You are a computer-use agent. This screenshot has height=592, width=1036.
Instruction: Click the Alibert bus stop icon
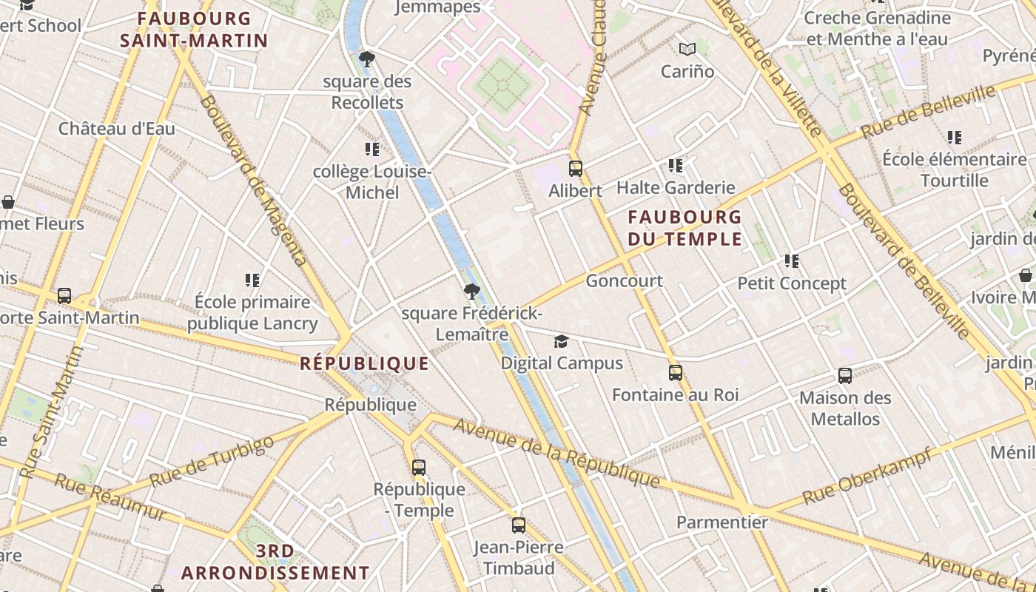[x=576, y=169]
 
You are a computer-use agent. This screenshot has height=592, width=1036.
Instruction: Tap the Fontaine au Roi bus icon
[x=675, y=373]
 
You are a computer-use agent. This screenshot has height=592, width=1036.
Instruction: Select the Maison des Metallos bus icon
[x=845, y=376]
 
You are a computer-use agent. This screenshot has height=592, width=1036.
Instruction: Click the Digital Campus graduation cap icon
[x=562, y=341]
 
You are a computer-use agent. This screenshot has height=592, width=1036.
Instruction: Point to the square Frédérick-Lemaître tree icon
[x=471, y=292]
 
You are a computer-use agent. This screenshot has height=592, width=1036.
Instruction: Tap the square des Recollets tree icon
[x=366, y=59]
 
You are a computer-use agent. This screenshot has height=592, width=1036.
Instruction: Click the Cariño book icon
[x=687, y=50]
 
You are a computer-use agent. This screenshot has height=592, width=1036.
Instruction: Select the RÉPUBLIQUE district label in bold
[x=364, y=363]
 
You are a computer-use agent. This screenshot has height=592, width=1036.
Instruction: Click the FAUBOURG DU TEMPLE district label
[x=684, y=228]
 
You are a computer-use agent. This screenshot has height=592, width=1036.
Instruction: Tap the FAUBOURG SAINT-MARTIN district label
[x=194, y=30]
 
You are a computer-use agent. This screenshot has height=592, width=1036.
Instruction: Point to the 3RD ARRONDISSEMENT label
[x=275, y=562]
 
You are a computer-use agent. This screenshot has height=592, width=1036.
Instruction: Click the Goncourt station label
[x=624, y=281]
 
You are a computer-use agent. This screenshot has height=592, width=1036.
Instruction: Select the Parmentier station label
[x=722, y=522]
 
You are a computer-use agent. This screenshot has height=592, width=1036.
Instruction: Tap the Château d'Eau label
[x=117, y=129]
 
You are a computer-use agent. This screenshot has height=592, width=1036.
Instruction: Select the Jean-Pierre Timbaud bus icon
[x=519, y=525]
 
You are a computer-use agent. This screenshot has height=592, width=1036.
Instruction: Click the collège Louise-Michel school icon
[x=372, y=149]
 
